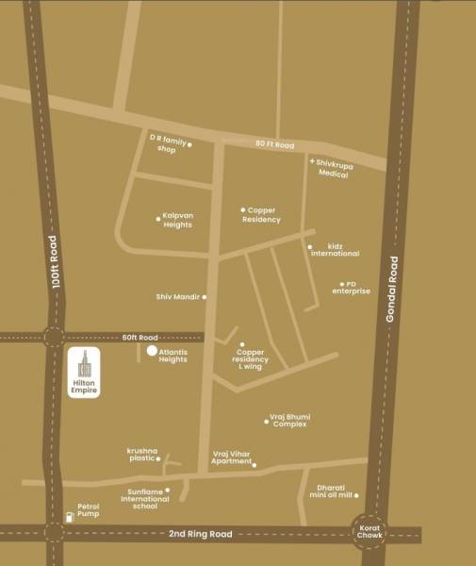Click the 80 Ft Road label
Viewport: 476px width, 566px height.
click(x=274, y=145)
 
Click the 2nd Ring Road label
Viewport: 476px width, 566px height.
click(x=200, y=534)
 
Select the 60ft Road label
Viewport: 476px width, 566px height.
click(x=140, y=337)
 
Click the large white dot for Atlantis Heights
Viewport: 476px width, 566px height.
click(x=152, y=351)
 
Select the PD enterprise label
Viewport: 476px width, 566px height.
click(x=352, y=287)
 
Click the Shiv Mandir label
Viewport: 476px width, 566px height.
click(x=177, y=297)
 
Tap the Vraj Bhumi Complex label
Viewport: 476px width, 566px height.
click(x=290, y=420)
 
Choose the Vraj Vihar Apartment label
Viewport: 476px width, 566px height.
click(x=232, y=457)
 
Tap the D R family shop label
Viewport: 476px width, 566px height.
click(x=167, y=142)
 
